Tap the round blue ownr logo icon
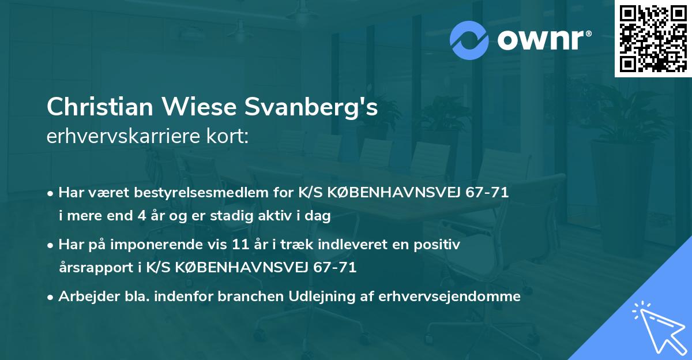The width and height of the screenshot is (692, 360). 470,39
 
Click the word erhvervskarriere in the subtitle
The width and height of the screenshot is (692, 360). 119,137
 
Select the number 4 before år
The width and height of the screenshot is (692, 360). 142,217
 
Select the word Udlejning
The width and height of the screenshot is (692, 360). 308,297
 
